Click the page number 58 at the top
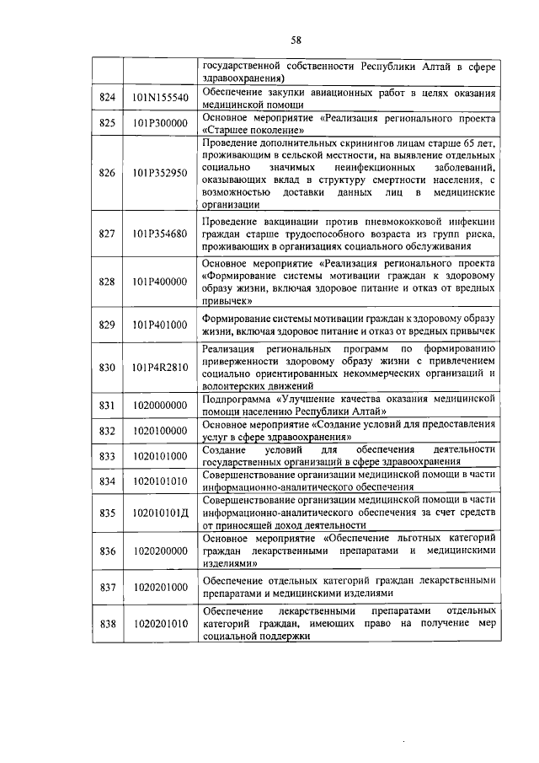coord(296,40)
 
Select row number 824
coord(106,98)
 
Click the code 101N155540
coord(160,98)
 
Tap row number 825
coord(106,124)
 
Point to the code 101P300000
coord(160,124)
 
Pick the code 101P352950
coord(160,174)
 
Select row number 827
coord(106,234)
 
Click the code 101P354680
coord(160,234)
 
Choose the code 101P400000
coord(160,282)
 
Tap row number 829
coord(106,325)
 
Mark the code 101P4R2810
coord(160,368)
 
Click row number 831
coord(106,406)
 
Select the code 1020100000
coord(160,431)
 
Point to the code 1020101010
coord(160,481)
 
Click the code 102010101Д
coord(160,512)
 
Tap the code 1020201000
coord(160,587)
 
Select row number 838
coord(106,625)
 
